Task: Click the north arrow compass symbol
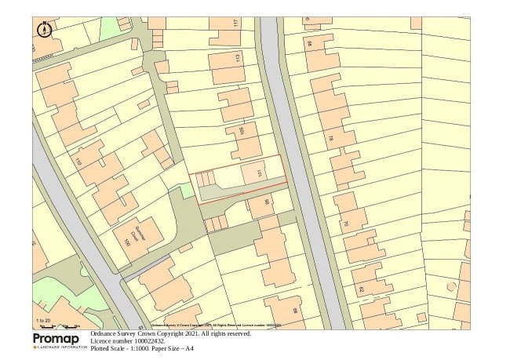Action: tap(44, 30)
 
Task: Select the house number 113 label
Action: tap(237, 58)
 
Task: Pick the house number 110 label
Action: tap(78, 162)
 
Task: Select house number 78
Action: tap(330, 140)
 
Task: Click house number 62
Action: tap(362, 290)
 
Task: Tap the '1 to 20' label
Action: tap(42, 320)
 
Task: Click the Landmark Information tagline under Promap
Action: tap(60, 347)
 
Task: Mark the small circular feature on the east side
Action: tap(452, 286)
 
